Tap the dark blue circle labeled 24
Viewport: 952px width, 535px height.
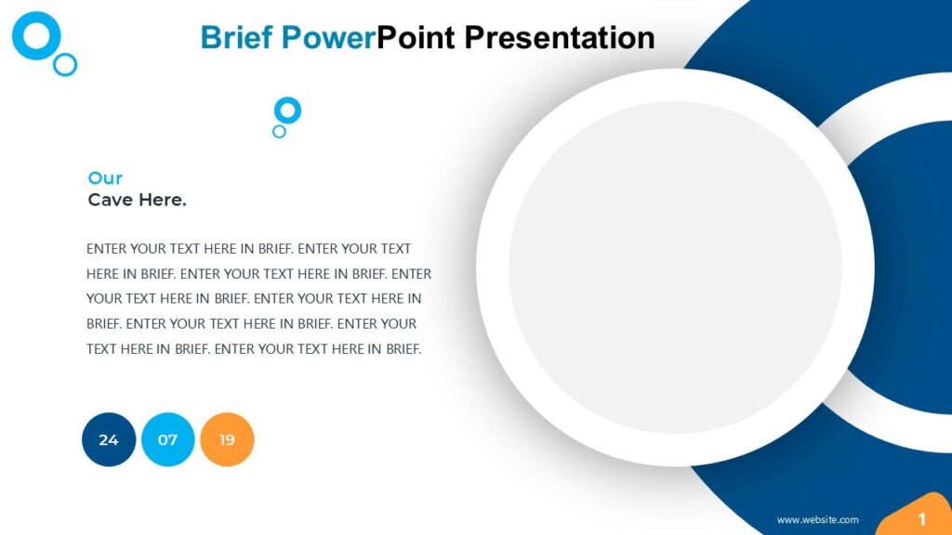pyautogui.click(x=109, y=439)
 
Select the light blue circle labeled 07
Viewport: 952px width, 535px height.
pyautogui.click(x=168, y=439)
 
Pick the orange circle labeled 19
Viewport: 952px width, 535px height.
pyautogui.click(x=227, y=439)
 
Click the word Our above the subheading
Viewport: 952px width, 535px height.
pyautogui.click(x=105, y=178)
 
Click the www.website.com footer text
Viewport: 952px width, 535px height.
pyautogui.click(x=817, y=520)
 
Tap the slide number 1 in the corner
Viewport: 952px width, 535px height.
pyautogui.click(x=922, y=518)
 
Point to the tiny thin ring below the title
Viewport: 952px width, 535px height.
pyautogui.click(x=279, y=132)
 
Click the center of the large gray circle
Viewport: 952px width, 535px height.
pyautogui.click(x=675, y=267)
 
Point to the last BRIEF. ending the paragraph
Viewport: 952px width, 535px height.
pyautogui.click(x=403, y=349)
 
